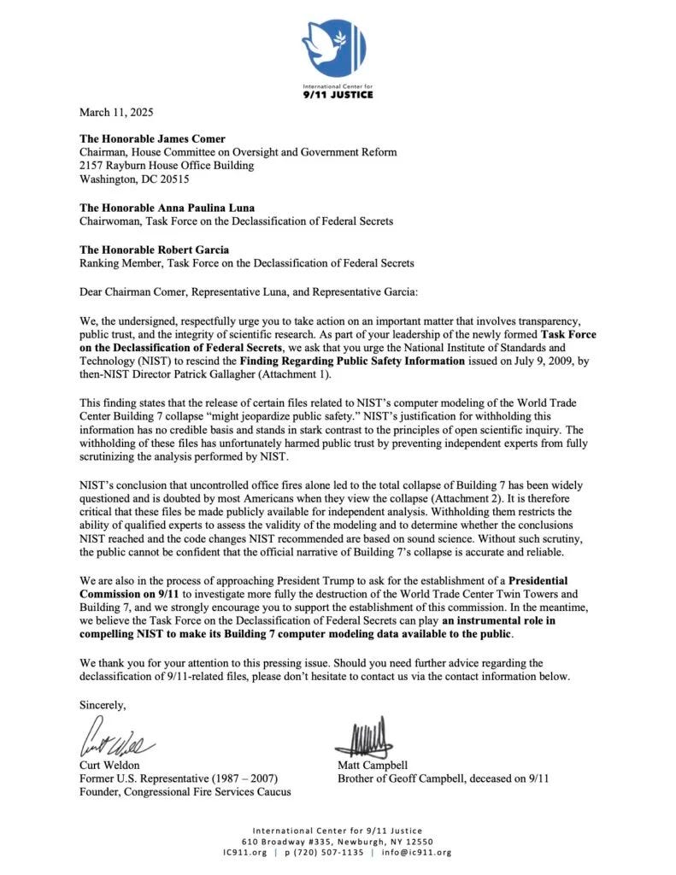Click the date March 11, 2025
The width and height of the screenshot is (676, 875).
coord(116,112)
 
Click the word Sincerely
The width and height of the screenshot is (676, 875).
coord(103,705)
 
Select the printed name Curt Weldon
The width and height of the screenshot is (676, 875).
coord(110,765)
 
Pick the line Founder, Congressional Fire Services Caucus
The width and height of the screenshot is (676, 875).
coord(185,792)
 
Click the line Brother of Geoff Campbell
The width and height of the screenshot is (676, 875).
coord(443,778)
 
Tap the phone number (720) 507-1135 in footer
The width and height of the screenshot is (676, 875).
coord(330,852)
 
